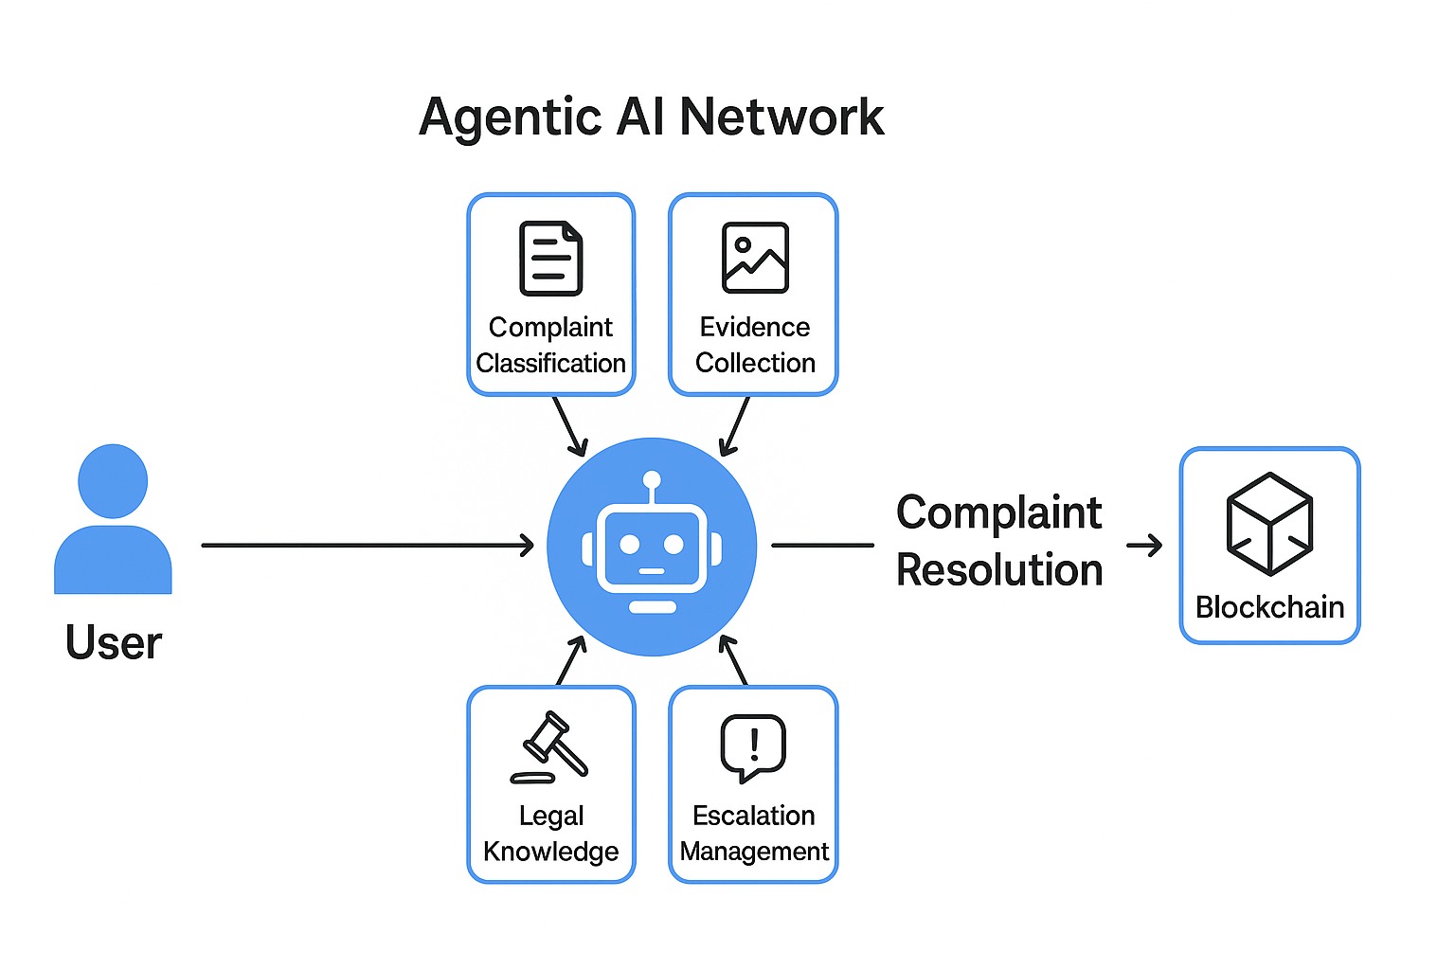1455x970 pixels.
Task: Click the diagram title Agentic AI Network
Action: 651,117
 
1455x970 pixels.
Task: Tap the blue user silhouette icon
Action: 113,520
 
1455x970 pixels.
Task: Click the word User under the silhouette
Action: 113,643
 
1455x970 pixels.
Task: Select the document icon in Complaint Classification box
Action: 550,258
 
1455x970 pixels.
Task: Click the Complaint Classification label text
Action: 550,345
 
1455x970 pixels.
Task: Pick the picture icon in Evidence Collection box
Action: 755,258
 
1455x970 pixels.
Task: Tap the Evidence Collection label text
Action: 755,345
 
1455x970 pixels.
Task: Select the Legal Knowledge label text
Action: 550,834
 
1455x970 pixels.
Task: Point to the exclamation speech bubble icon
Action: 753,747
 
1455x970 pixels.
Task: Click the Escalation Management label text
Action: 754,834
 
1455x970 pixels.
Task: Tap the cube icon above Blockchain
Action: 1269,524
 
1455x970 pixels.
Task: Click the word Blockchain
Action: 1269,607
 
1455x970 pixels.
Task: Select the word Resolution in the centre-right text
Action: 999,571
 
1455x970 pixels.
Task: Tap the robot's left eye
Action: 629,545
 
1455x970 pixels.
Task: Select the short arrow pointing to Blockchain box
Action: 1144,546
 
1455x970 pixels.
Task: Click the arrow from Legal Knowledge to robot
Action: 571,660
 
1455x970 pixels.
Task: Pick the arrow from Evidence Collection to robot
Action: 735,426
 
